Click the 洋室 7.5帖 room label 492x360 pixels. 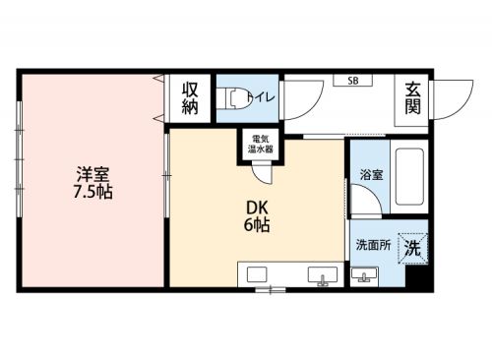93,183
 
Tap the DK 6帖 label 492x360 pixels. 257,216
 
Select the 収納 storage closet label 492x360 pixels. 190,98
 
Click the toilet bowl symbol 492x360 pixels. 239,97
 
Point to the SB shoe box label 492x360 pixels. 353,81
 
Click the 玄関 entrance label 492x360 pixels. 412,98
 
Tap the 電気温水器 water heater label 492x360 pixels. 261,144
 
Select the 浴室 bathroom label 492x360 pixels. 371,175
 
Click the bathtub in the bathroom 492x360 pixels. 409,177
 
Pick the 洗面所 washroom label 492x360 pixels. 374,245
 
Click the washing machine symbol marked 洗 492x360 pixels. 413,248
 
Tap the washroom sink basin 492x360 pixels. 364,276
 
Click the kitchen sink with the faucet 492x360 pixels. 323,275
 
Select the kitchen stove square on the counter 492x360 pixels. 257,274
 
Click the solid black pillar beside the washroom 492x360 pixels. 417,276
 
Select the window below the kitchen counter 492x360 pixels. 271,290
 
